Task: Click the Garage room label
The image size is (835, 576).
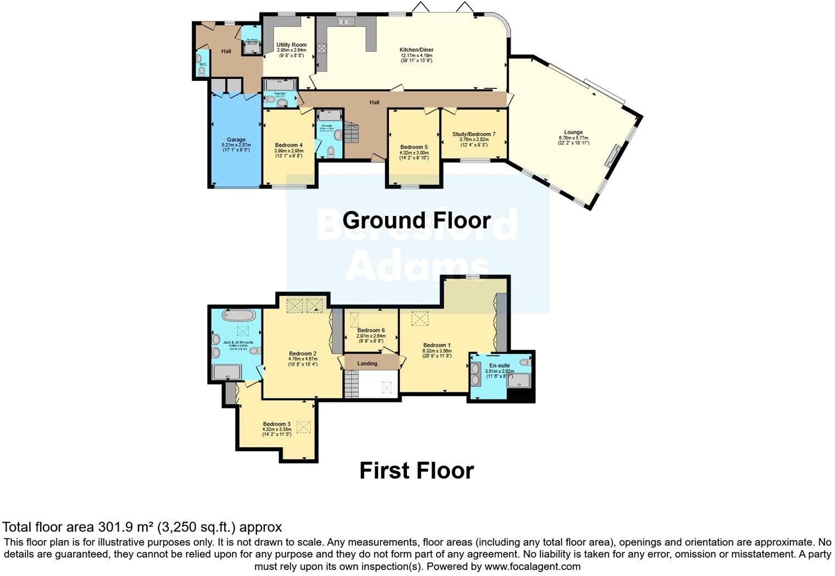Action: tap(236, 140)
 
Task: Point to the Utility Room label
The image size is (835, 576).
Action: tap(291, 45)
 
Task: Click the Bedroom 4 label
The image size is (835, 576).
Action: tap(289, 145)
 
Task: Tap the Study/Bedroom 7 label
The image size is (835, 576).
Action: tap(474, 134)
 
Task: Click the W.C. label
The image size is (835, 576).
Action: tap(203, 64)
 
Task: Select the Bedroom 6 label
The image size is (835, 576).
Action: tap(371, 330)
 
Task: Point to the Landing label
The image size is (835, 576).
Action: tap(368, 363)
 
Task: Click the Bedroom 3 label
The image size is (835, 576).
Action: tap(276, 424)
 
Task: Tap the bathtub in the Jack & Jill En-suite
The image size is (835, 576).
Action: tap(239, 316)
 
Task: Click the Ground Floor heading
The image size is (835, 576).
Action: tap(416, 220)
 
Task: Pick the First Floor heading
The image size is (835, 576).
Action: tap(416, 471)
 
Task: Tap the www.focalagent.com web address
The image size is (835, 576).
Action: tap(532, 566)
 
